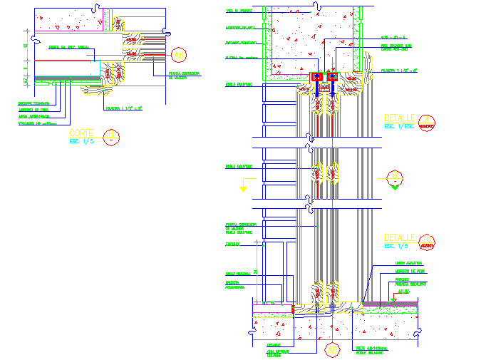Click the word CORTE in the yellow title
[81, 133]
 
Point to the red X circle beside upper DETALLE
[426, 123]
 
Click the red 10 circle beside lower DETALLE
[426, 242]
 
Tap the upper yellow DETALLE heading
[399, 118]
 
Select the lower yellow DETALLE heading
[399, 237]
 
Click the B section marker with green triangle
[396, 177]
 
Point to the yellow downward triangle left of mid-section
[244, 189]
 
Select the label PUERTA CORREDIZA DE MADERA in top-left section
[182, 75]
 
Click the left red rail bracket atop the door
[316, 77]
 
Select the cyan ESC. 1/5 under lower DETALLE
[395, 246]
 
